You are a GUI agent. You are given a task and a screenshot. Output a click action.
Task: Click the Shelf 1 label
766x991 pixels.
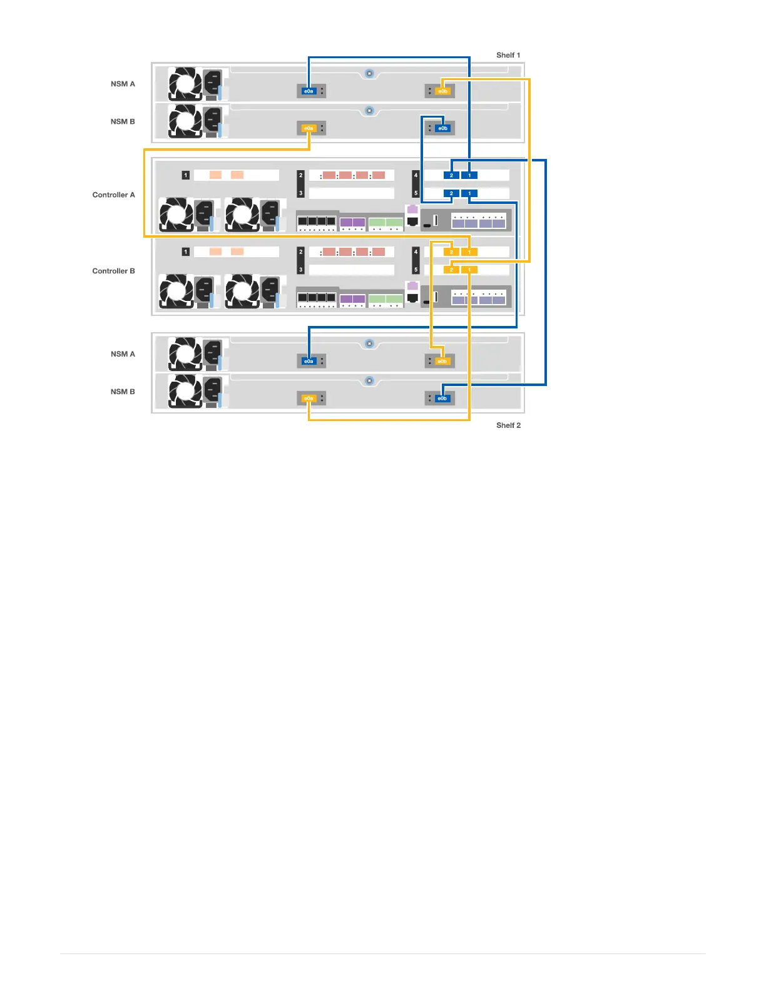(x=508, y=55)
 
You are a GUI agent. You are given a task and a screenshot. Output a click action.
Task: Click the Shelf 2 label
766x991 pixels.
(x=508, y=425)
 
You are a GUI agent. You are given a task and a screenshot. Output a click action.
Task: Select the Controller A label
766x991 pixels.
(x=113, y=195)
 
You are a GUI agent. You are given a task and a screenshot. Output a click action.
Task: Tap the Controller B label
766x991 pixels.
(x=113, y=271)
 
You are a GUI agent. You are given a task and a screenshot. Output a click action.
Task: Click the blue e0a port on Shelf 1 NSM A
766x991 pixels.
(x=309, y=91)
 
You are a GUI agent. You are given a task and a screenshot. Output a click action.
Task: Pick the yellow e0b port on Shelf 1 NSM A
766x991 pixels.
(x=442, y=91)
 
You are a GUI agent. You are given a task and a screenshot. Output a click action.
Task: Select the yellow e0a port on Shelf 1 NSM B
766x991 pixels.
(x=309, y=128)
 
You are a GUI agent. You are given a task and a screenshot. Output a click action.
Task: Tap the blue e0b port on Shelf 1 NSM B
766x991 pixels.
(x=442, y=128)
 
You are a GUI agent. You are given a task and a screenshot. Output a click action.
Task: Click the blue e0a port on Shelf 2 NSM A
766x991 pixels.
(x=309, y=361)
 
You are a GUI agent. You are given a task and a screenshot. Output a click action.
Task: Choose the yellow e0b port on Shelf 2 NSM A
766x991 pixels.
(x=442, y=361)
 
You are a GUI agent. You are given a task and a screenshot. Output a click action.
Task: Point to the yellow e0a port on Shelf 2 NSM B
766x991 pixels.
(x=309, y=399)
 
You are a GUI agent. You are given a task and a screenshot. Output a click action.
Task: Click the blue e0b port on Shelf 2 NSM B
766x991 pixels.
(x=442, y=399)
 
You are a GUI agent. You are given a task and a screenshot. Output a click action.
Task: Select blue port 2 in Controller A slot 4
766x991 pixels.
(x=451, y=175)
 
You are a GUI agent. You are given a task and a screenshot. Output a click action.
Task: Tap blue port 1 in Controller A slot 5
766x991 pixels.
(x=469, y=193)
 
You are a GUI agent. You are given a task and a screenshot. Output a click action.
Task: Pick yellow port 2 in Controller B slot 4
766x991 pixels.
(x=451, y=252)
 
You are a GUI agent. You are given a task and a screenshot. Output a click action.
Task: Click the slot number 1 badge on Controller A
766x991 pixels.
(x=186, y=175)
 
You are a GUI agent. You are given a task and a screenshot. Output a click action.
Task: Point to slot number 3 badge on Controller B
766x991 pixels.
(x=301, y=270)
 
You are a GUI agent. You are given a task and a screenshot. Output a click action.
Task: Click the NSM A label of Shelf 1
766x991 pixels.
(x=123, y=84)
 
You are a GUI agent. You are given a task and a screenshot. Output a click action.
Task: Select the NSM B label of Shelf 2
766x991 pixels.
(x=123, y=392)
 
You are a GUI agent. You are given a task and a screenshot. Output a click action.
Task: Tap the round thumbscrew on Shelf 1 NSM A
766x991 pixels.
(x=369, y=73)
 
